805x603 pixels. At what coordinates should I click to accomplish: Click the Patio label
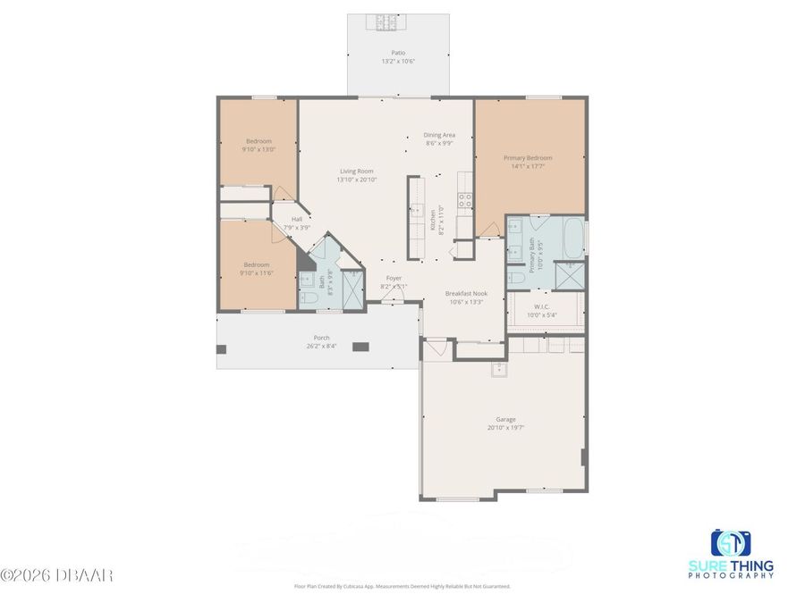click(x=398, y=53)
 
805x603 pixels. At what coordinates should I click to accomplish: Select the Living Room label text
click(x=356, y=172)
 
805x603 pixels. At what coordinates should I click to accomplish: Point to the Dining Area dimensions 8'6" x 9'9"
click(x=438, y=143)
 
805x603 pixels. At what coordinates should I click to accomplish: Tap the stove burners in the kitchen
click(x=465, y=201)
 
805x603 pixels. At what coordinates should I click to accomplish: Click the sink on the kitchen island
click(x=417, y=211)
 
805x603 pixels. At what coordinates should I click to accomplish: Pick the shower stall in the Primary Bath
click(x=569, y=273)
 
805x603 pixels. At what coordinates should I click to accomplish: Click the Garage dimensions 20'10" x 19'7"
click(x=505, y=427)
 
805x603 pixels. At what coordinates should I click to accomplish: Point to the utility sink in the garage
click(x=497, y=370)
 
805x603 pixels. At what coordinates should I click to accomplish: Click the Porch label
click(x=320, y=338)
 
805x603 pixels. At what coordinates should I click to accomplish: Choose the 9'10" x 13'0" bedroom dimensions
click(x=258, y=150)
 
